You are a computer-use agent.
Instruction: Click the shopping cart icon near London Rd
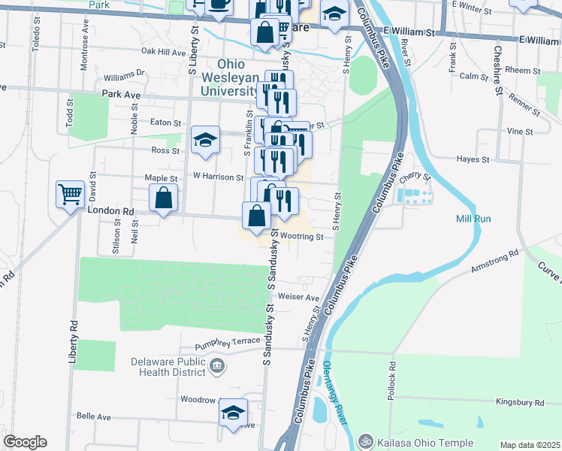tap(70, 195)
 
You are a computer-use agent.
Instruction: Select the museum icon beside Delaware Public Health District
tap(218, 367)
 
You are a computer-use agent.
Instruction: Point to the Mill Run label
tap(473, 219)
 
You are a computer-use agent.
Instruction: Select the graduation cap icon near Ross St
tap(205, 140)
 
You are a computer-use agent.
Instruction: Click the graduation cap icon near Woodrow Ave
tap(234, 412)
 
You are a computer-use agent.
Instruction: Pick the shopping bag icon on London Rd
tap(164, 200)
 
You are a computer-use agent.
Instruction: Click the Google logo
tap(24, 442)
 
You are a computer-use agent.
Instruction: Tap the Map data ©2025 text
tap(530, 445)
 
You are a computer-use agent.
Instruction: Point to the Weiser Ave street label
tap(299, 297)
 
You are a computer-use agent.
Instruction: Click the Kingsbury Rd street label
tap(520, 403)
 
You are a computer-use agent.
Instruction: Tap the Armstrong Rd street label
tap(494, 260)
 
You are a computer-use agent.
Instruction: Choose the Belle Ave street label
tap(94, 416)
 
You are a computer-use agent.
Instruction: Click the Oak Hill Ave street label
tap(163, 53)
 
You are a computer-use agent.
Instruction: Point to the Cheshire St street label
tap(497, 70)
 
